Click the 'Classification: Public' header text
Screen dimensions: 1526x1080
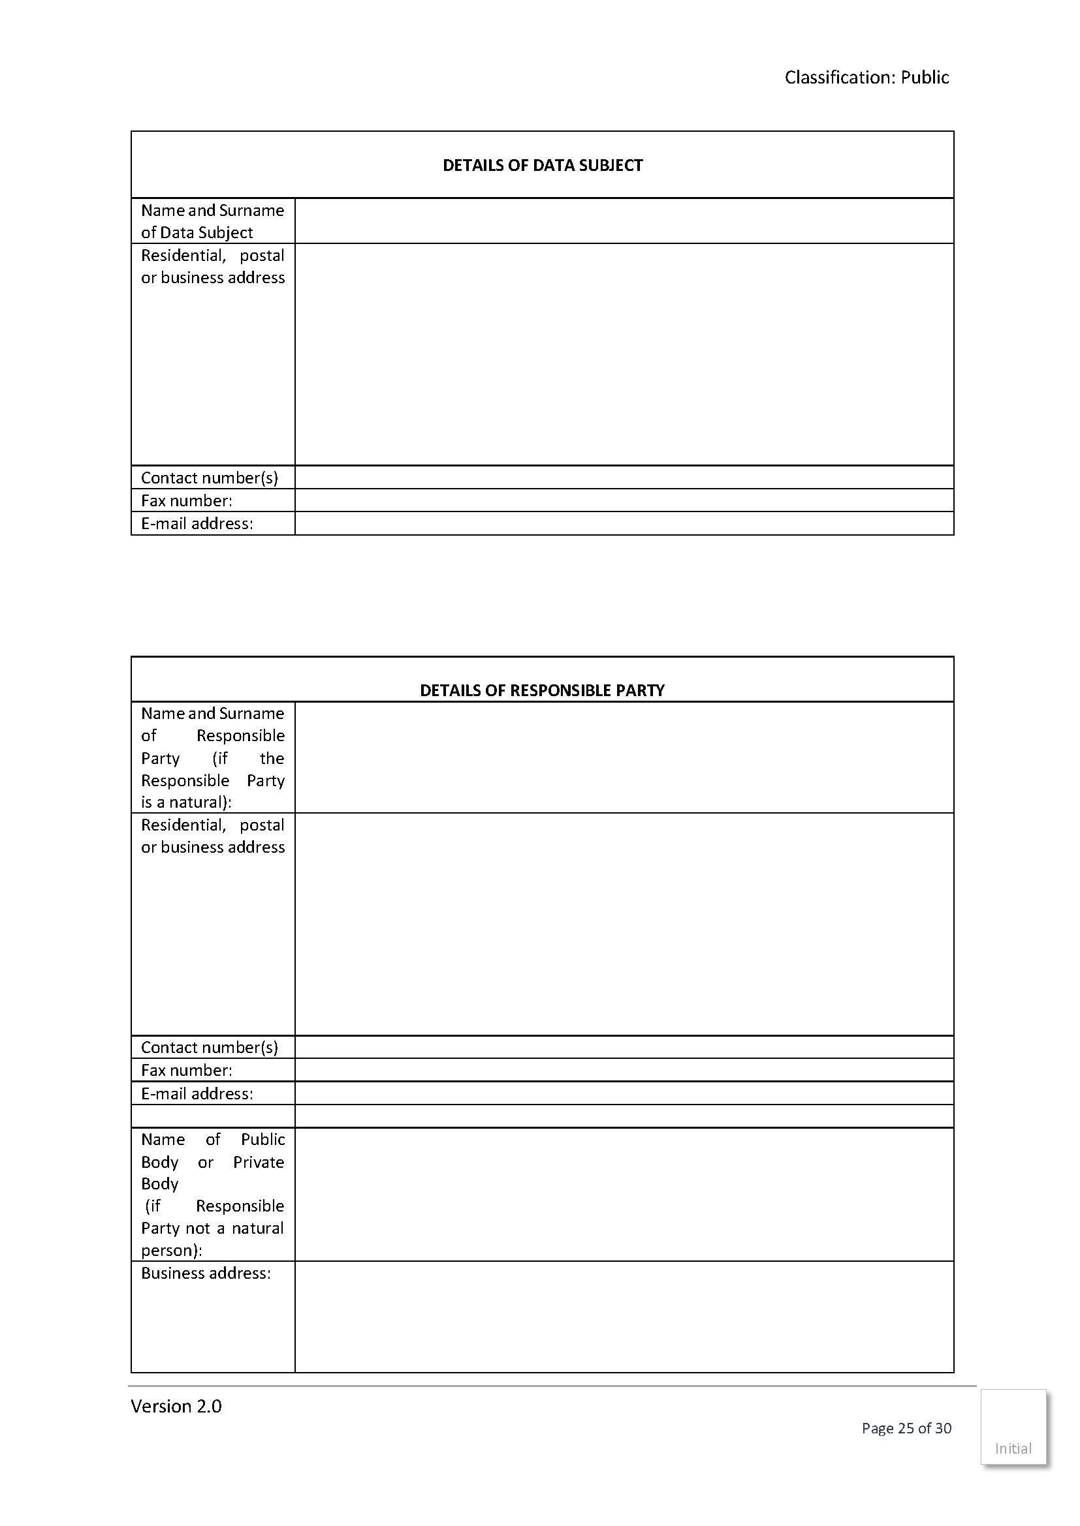[x=866, y=78]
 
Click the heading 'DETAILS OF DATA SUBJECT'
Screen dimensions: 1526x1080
[x=542, y=166]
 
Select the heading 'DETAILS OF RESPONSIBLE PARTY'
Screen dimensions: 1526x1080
[x=542, y=690]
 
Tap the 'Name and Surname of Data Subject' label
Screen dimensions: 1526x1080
[x=212, y=221]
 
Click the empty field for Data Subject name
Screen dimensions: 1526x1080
[x=624, y=221]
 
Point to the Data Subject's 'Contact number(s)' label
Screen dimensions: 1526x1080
[x=210, y=478]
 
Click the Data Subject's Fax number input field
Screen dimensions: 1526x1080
[x=624, y=500]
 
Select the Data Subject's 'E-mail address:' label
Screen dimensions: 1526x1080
[x=197, y=524]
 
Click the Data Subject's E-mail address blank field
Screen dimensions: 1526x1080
[x=624, y=524]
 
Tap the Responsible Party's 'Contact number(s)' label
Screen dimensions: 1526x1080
[x=210, y=1048]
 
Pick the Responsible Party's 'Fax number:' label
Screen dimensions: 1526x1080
[x=186, y=1070]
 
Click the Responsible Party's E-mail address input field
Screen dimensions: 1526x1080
[x=624, y=1093]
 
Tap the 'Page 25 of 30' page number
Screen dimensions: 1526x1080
[x=906, y=1428]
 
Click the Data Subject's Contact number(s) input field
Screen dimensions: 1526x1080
[x=624, y=478]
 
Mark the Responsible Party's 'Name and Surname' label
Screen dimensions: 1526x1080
[x=212, y=757]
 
